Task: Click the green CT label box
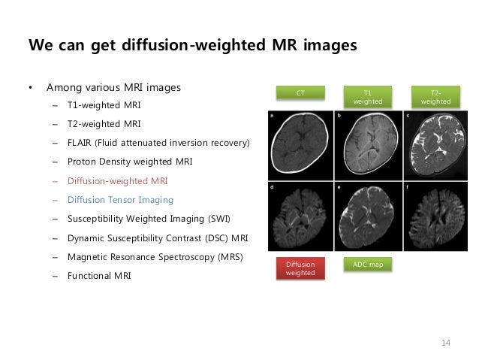[300, 92]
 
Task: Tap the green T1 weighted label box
[367, 96]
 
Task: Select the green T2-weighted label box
[436, 96]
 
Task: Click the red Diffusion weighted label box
[300, 268]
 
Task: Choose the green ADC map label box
[367, 265]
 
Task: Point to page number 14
[446, 343]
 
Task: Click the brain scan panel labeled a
[300, 144]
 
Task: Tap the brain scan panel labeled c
[436, 144]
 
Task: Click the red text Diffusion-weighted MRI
[117, 181]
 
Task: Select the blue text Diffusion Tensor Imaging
[120, 200]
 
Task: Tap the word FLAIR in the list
[80, 143]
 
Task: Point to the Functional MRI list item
[99, 276]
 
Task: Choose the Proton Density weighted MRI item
[129, 162]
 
